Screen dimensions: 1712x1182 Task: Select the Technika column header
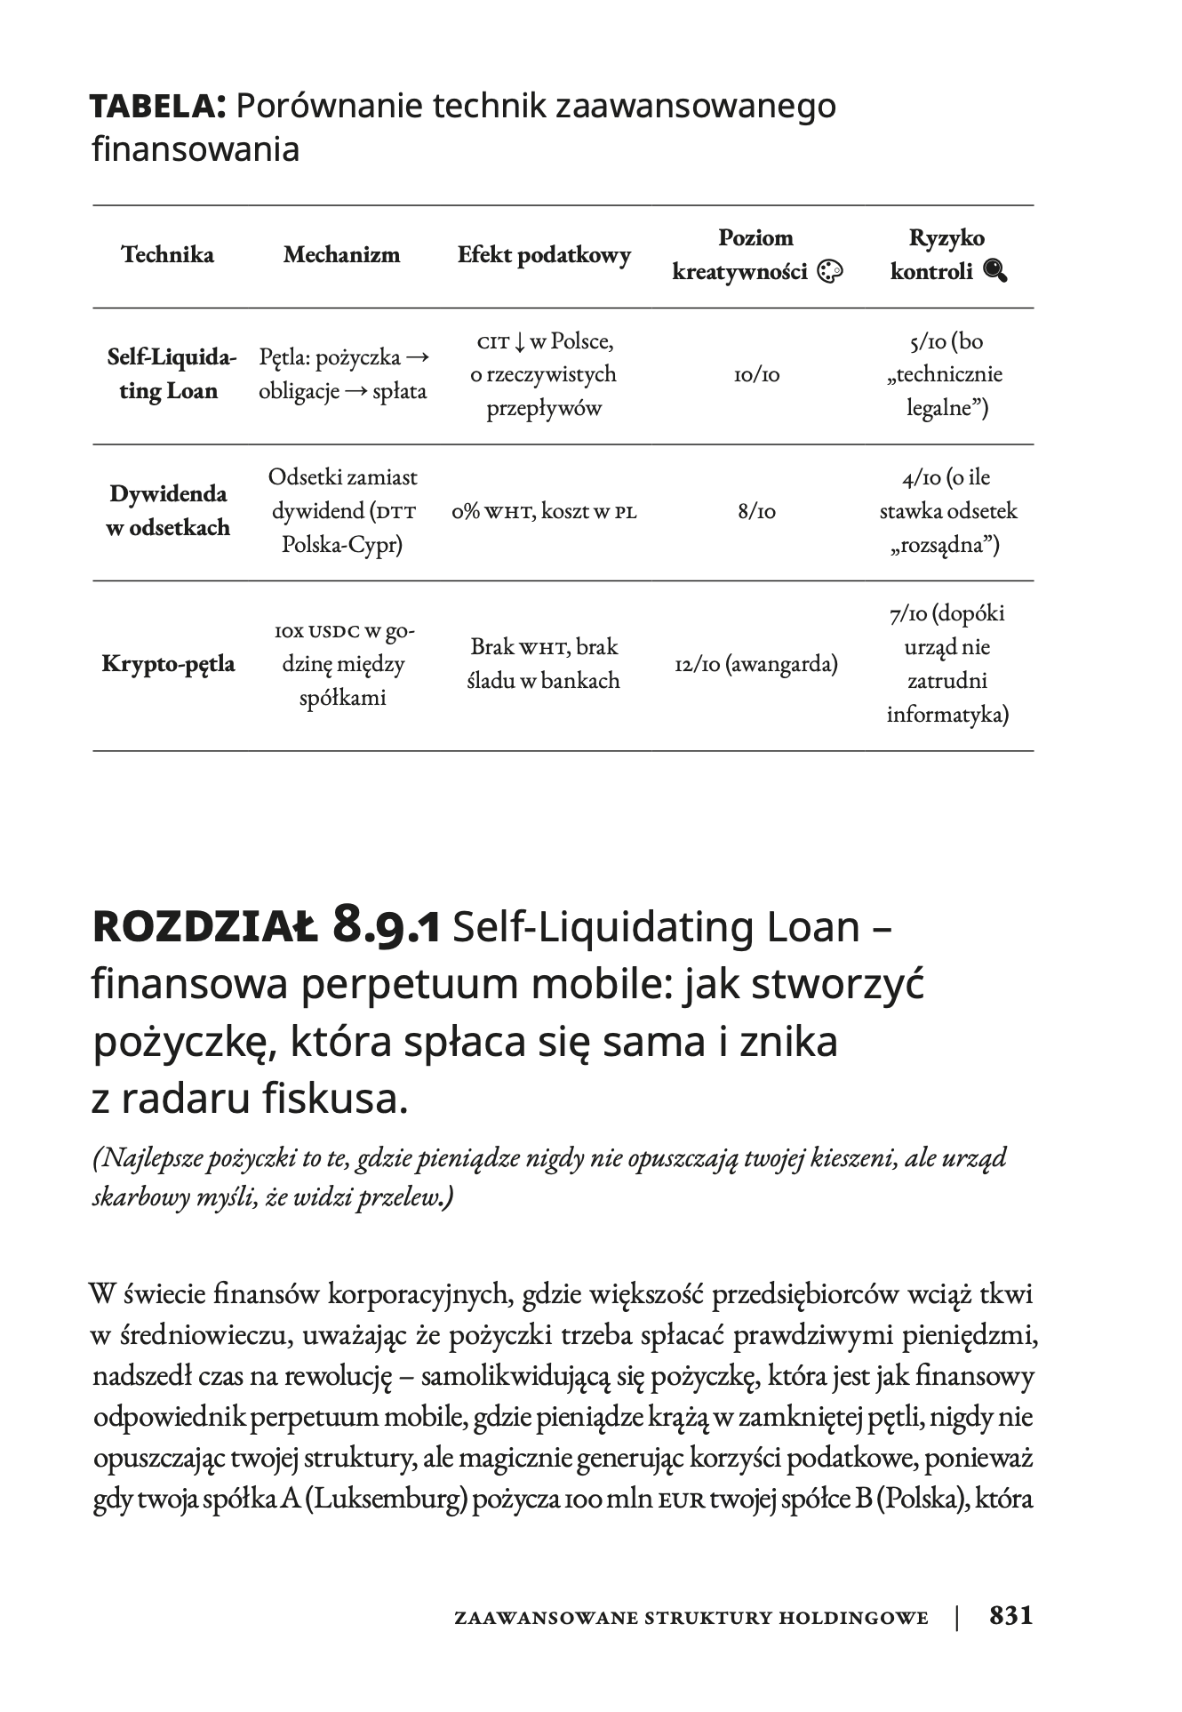(x=168, y=255)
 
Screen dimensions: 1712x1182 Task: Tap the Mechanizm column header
(x=342, y=255)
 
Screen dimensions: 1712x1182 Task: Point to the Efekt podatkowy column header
(x=544, y=255)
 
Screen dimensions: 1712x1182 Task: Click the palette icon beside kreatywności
(x=828, y=272)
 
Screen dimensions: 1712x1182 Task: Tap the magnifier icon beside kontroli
(x=995, y=272)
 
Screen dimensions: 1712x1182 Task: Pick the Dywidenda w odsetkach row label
(x=168, y=510)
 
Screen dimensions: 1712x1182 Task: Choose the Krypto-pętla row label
(x=168, y=664)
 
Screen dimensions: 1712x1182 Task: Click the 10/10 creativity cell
(x=756, y=375)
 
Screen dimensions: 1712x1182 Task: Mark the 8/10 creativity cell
(x=756, y=512)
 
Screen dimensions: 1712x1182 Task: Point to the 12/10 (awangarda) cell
(x=756, y=664)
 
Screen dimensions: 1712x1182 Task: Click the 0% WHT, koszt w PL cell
(x=544, y=512)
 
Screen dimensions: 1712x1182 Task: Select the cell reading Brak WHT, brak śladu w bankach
(x=544, y=664)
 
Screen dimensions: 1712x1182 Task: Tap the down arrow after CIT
(x=520, y=342)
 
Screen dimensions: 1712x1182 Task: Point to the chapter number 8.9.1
(x=386, y=927)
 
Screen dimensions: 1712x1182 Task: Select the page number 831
(x=1011, y=1615)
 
